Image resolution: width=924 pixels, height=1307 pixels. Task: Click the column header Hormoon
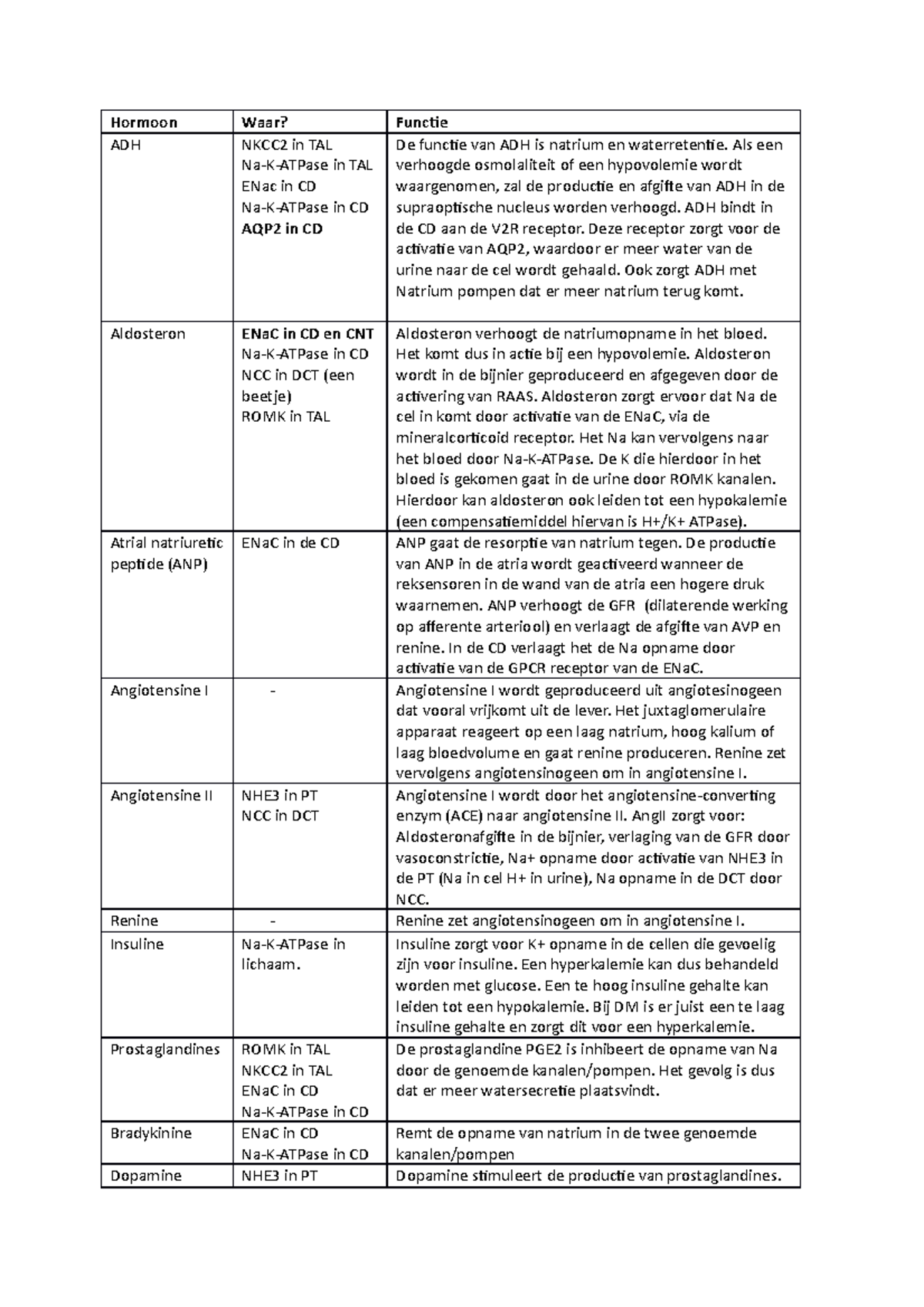click(144, 122)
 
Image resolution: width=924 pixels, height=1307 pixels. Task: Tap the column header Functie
click(421, 122)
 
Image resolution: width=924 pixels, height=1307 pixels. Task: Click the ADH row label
click(126, 145)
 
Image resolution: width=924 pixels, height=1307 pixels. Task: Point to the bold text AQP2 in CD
click(282, 229)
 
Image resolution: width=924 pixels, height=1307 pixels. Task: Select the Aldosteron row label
click(148, 334)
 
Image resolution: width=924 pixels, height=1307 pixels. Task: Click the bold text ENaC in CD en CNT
click(307, 334)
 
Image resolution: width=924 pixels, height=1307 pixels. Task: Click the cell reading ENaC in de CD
click(290, 543)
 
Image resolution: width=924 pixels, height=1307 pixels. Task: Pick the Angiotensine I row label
click(159, 690)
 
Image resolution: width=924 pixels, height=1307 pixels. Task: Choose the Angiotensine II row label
click(162, 796)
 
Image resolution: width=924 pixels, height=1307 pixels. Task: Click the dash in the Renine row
click(273, 921)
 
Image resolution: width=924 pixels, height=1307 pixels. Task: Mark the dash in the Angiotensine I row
click(273, 690)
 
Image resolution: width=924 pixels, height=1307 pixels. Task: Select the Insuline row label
click(137, 944)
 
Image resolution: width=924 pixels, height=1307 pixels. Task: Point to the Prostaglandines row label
click(165, 1050)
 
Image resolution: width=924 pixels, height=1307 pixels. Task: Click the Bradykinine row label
click(151, 1134)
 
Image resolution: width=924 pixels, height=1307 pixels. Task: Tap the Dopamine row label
click(146, 1176)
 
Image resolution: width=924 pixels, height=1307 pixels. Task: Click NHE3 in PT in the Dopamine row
click(280, 1176)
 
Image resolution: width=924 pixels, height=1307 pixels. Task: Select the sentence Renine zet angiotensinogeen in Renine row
click(570, 921)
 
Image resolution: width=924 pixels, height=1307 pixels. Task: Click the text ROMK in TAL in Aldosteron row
click(286, 417)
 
